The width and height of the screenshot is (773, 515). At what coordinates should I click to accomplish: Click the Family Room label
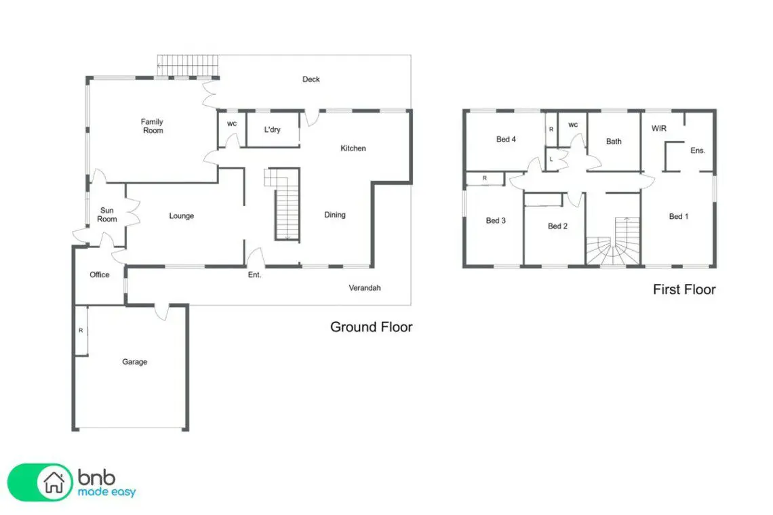tap(152, 125)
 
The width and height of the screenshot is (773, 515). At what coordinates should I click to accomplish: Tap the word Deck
tap(311, 79)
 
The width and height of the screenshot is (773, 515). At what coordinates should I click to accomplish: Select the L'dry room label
tap(272, 129)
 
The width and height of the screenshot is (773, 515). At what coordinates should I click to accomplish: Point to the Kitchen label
tap(353, 148)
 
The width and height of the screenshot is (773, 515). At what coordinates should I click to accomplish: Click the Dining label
tap(335, 215)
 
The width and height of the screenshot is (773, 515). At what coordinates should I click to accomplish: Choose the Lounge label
tap(182, 216)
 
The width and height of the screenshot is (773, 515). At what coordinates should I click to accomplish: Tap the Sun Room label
tap(107, 215)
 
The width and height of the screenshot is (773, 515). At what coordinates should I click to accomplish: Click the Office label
tap(100, 275)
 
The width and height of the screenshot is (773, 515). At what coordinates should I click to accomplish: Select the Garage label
tap(134, 362)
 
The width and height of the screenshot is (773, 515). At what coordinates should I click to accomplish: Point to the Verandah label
tap(365, 288)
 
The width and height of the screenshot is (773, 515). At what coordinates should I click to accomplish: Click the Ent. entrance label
tap(254, 275)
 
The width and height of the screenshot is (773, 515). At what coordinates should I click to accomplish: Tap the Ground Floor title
tap(371, 327)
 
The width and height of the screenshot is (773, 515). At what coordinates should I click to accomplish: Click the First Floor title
tap(684, 289)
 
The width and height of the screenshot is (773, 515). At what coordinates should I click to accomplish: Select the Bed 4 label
tap(506, 140)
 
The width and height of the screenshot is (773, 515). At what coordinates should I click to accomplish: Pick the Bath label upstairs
tap(614, 142)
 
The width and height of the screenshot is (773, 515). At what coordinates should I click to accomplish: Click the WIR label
tap(659, 129)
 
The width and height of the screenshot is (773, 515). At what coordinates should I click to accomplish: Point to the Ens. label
tap(698, 150)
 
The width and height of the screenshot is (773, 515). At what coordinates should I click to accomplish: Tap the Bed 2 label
tap(557, 226)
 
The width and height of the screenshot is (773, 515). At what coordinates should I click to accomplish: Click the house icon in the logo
tap(54, 482)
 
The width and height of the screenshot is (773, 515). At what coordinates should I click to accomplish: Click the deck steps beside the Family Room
tap(188, 66)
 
